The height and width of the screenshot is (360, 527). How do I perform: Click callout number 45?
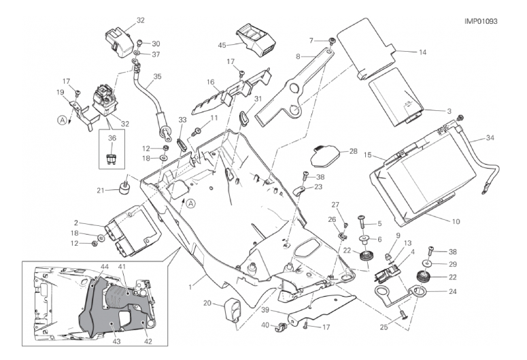pyautogui.click(x=222, y=46)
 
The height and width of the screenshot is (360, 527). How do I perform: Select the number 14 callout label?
pyautogui.click(x=422, y=52)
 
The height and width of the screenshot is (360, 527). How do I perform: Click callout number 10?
pyautogui.click(x=456, y=222)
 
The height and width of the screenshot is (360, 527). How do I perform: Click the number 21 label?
pyautogui.click(x=101, y=191)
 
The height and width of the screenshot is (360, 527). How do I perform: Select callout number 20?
pyautogui.click(x=207, y=304)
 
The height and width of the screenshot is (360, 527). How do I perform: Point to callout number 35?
pyautogui.click(x=157, y=77)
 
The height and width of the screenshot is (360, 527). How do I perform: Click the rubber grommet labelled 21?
pyautogui.click(x=124, y=187)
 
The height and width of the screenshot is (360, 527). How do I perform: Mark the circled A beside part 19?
pyautogui.click(x=63, y=120)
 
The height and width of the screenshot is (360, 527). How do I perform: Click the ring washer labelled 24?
pyautogui.click(x=420, y=293)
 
